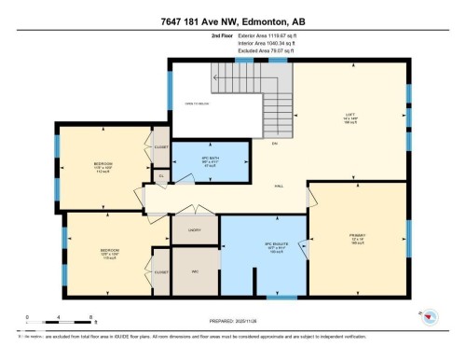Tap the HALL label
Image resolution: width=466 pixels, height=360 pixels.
click(280, 187)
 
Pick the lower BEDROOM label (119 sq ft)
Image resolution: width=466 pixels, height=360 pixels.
click(109, 252)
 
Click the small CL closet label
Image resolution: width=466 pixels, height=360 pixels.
click(160, 174)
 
